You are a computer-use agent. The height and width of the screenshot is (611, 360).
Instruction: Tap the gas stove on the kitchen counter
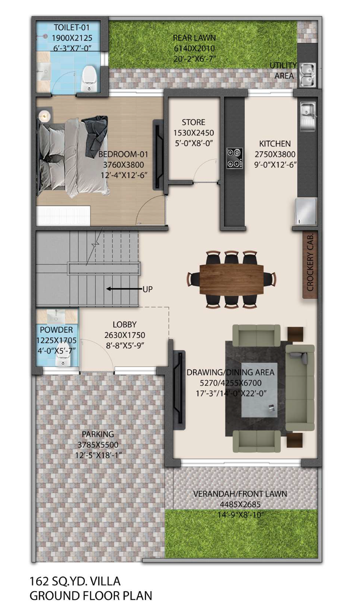235,158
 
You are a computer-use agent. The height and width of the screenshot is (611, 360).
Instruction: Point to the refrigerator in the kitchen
306,211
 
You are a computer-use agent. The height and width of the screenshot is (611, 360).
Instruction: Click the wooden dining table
232,280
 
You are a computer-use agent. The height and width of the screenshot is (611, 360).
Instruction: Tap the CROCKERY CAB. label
310,262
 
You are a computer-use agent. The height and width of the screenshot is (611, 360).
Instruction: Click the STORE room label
193,122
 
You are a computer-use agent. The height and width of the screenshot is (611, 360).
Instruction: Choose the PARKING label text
98,434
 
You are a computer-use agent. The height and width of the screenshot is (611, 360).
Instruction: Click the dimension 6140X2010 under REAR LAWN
194,48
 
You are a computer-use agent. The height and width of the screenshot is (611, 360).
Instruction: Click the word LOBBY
124,324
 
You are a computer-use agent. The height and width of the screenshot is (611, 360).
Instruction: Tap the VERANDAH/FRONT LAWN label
240,494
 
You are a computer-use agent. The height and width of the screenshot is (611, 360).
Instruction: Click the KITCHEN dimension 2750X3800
275,154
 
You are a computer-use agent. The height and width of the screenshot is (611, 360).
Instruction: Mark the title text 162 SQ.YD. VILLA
75,581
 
